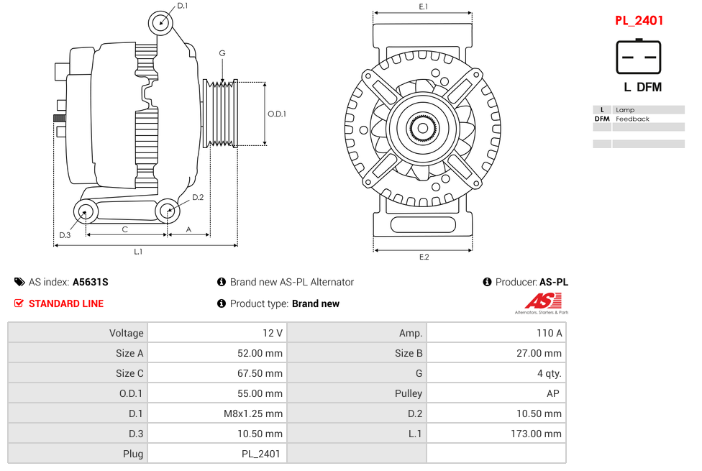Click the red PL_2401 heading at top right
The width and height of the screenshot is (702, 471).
(639, 21)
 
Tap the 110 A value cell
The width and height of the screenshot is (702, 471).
(550, 333)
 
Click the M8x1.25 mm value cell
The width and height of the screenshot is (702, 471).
(254, 413)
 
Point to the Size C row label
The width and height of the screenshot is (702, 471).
(129, 373)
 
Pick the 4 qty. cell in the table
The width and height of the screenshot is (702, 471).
(549, 373)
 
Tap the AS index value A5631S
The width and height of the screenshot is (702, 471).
(91, 282)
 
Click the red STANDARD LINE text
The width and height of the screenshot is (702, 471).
(66, 303)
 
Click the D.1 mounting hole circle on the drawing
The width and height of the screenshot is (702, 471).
(161, 23)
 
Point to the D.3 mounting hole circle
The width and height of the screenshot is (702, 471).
(86, 211)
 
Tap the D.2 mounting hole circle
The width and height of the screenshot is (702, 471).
(167, 211)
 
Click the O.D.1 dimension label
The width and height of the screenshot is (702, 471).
(277, 114)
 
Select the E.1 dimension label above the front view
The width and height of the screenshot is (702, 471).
(424, 6)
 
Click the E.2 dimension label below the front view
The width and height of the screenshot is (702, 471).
(424, 257)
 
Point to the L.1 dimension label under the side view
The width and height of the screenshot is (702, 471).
(138, 252)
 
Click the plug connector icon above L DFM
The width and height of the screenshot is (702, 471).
(638, 57)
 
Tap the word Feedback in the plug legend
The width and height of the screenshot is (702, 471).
(632, 119)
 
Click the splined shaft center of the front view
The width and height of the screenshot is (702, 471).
(423, 129)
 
